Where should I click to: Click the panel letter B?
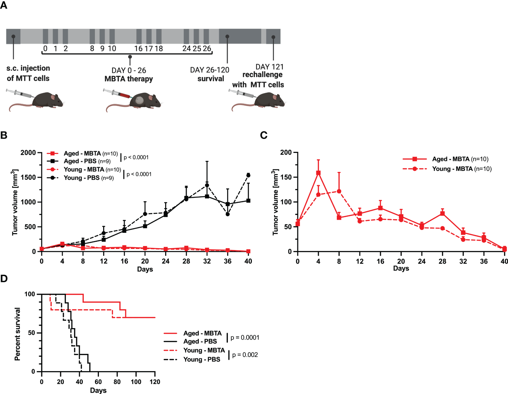pos(4,135)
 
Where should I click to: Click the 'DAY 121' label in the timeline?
pos(269,67)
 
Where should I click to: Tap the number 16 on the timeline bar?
pos(138,49)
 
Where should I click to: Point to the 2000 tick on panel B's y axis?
pos(28,153)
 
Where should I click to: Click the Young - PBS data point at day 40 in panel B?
pos(248,175)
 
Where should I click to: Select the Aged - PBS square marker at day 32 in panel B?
pos(207,196)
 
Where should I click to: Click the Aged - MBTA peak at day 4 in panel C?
pos(318,173)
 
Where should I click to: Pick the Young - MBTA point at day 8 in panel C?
pos(339,191)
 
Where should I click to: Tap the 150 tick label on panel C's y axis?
pos(286,177)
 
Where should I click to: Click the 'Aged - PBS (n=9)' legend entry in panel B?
pos(87,161)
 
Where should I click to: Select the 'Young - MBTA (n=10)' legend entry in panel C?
pos(461,169)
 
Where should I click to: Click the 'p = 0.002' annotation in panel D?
pos(245,355)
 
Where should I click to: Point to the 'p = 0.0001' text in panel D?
pos(245,338)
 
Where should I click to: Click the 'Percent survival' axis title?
pos(17,334)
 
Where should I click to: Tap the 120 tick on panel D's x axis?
pos(155,382)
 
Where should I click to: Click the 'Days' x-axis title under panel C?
pos(401,269)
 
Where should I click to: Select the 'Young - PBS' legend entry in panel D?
pos(202,359)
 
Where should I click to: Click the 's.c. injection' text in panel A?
pos(28,68)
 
